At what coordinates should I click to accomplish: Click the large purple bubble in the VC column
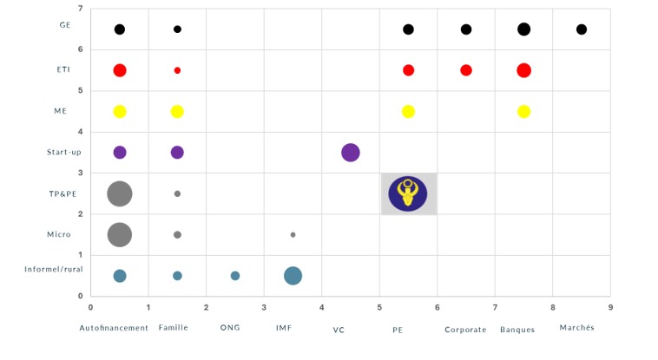[351, 153]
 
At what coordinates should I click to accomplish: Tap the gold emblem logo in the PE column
[408, 193]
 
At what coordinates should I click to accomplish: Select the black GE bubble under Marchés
[582, 29]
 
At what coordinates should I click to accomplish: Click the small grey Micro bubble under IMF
[293, 235]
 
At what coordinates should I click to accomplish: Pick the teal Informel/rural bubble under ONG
[235, 276]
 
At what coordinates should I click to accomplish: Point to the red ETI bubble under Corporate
[466, 70]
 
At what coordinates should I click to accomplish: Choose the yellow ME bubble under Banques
[523, 111]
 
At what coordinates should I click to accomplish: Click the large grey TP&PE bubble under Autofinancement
[120, 193]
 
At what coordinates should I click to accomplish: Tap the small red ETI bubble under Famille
[177, 70]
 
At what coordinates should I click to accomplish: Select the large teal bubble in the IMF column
[293, 276]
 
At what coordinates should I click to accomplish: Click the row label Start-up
[64, 153]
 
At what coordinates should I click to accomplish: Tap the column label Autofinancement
[114, 329]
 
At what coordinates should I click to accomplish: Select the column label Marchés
[576, 329]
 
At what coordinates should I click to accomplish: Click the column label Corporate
[465, 330]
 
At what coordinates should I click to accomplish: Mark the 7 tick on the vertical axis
[81, 9]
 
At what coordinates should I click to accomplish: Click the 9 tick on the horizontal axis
[610, 307]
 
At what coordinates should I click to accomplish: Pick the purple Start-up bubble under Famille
[177, 153]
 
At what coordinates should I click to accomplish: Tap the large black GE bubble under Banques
[523, 29]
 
